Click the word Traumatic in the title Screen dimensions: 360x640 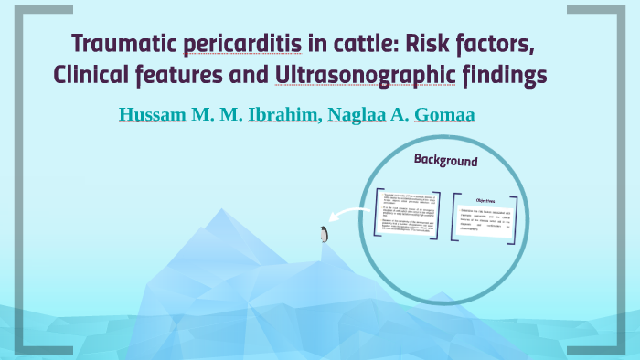click(120, 43)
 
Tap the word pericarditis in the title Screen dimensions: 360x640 click(229, 43)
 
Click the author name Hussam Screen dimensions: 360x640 click(153, 116)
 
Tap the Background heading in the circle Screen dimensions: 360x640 click(445, 161)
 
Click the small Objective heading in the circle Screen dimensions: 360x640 click(485, 200)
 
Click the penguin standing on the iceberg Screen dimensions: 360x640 click(324, 235)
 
